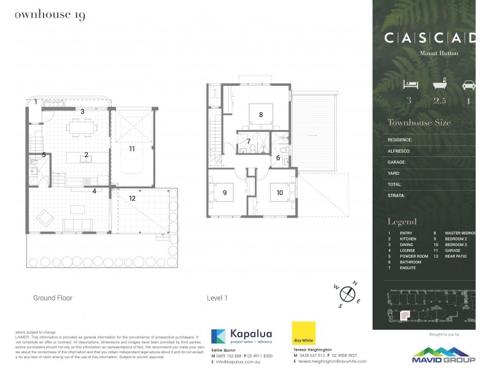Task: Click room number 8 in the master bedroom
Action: (x=261, y=115)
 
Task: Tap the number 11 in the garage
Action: (x=131, y=148)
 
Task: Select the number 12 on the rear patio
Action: (x=132, y=198)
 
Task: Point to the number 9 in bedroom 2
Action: (x=225, y=193)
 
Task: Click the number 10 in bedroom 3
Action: (x=280, y=193)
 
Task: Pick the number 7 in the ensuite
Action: (x=248, y=142)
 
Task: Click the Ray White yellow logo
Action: (x=304, y=333)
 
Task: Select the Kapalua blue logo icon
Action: (x=218, y=336)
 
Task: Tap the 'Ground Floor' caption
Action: (x=53, y=298)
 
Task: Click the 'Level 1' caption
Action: (x=217, y=298)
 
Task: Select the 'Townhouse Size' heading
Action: (x=419, y=123)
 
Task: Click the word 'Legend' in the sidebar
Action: (x=402, y=221)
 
